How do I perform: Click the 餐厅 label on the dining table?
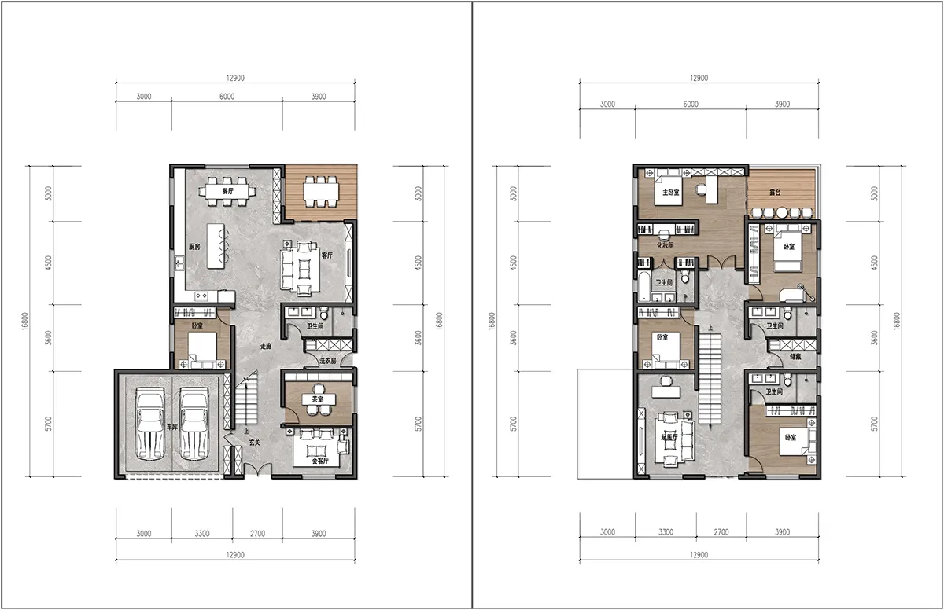[x=227, y=191]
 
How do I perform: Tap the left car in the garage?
[x=149, y=424]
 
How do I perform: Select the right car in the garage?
[x=194, y=424]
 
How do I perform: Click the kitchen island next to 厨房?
[x=216, y=246]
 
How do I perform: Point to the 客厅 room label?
[x=327, y=255]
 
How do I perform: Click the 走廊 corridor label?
[x=266, y=346]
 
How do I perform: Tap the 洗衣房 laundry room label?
[x=327, y=361]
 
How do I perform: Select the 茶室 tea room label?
[x=318, y=399]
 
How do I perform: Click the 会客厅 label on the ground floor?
[x=320, y=461]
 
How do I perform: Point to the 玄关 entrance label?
[x=254, y=443]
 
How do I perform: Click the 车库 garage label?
[x=172, y=427]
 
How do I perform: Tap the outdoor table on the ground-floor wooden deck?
[x=321, y=191]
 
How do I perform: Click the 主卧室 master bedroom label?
[x=670, y=193]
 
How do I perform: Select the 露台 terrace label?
[x=775, y=193]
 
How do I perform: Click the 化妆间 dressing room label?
[x=665, y=245]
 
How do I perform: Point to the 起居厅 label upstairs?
[x=669, y=437]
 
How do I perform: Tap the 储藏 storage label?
[x=795, y=357]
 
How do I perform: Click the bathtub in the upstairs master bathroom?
[x=643, y=287]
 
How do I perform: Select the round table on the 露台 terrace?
[x=782, y=212]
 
